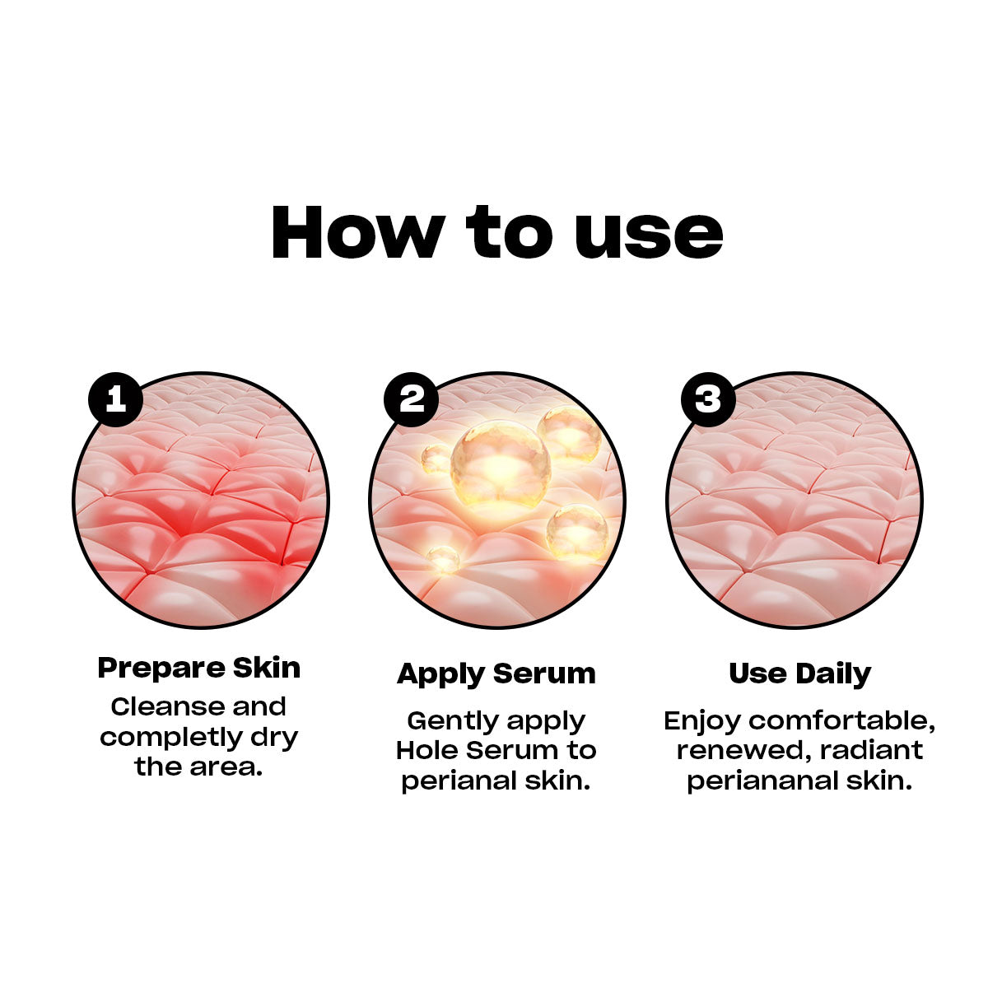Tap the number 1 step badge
click(x=115, y=399)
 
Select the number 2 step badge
click(x=412, y=399)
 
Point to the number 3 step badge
click(x=708, y=399)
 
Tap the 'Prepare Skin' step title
click(x=199, y=668)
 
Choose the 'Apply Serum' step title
click(x=496, y=673)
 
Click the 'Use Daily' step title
click(x=799, y=673)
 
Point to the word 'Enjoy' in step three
click(x=702, y=720)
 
